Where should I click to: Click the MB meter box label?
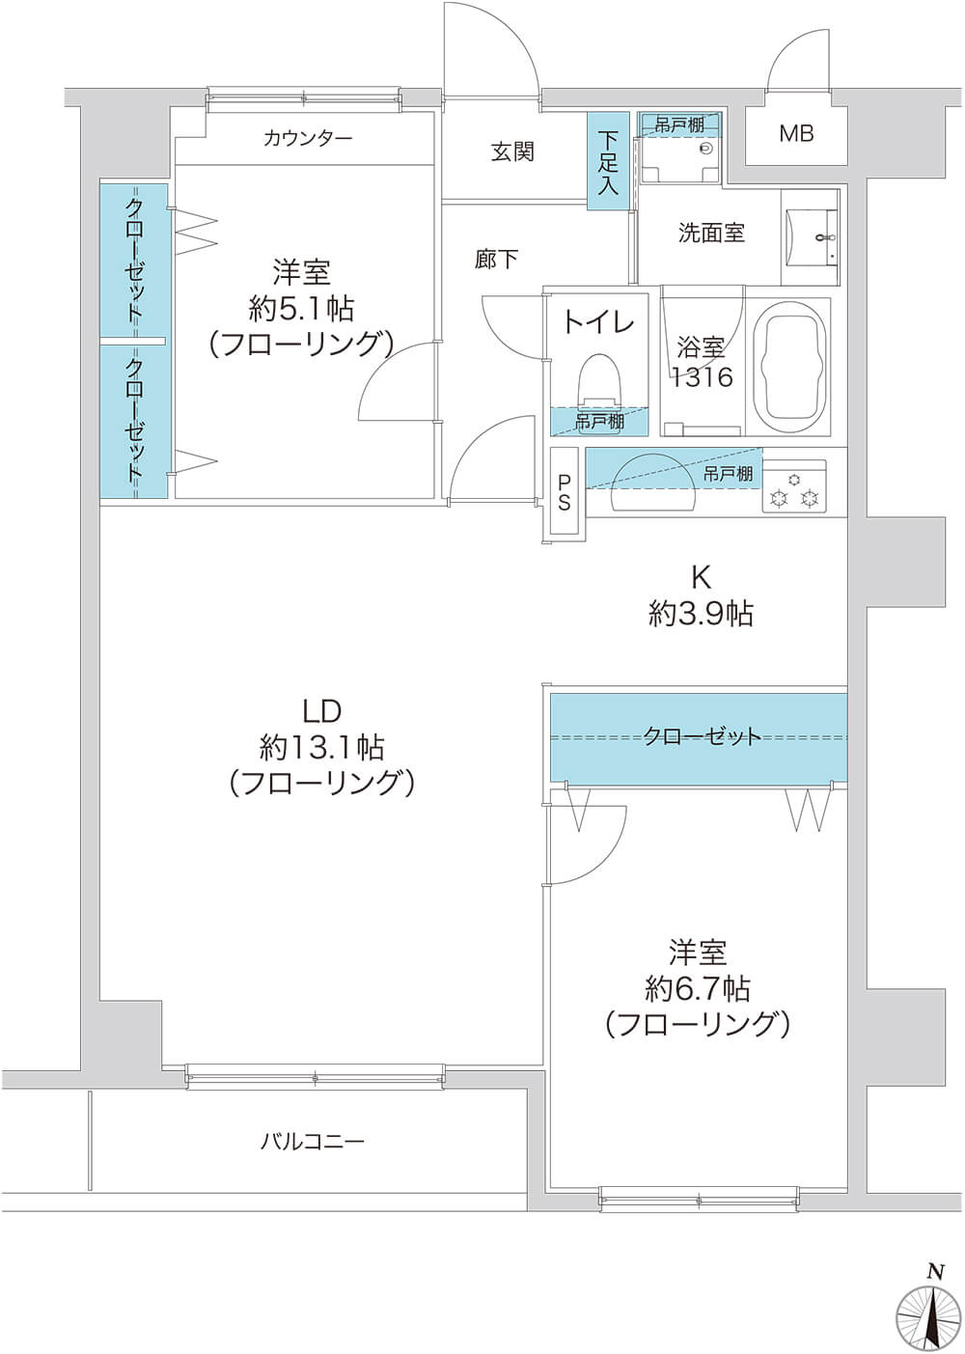click(796, 133)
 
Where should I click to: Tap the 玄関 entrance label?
click(512, 152)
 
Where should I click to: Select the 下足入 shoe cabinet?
click(609, 162)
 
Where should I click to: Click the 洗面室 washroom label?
click(710, 233)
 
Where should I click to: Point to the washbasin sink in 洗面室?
click(813, 237)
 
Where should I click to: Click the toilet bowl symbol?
click(599, 381)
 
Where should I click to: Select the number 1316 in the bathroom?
click(703, 377)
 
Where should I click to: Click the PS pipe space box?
click(565, 491)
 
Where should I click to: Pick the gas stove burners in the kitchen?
click(794, 488)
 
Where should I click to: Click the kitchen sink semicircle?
click(655, 484)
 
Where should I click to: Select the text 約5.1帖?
click(301, 310)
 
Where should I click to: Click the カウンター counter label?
click(308, 139)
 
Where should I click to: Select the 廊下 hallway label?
click(496, 260)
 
